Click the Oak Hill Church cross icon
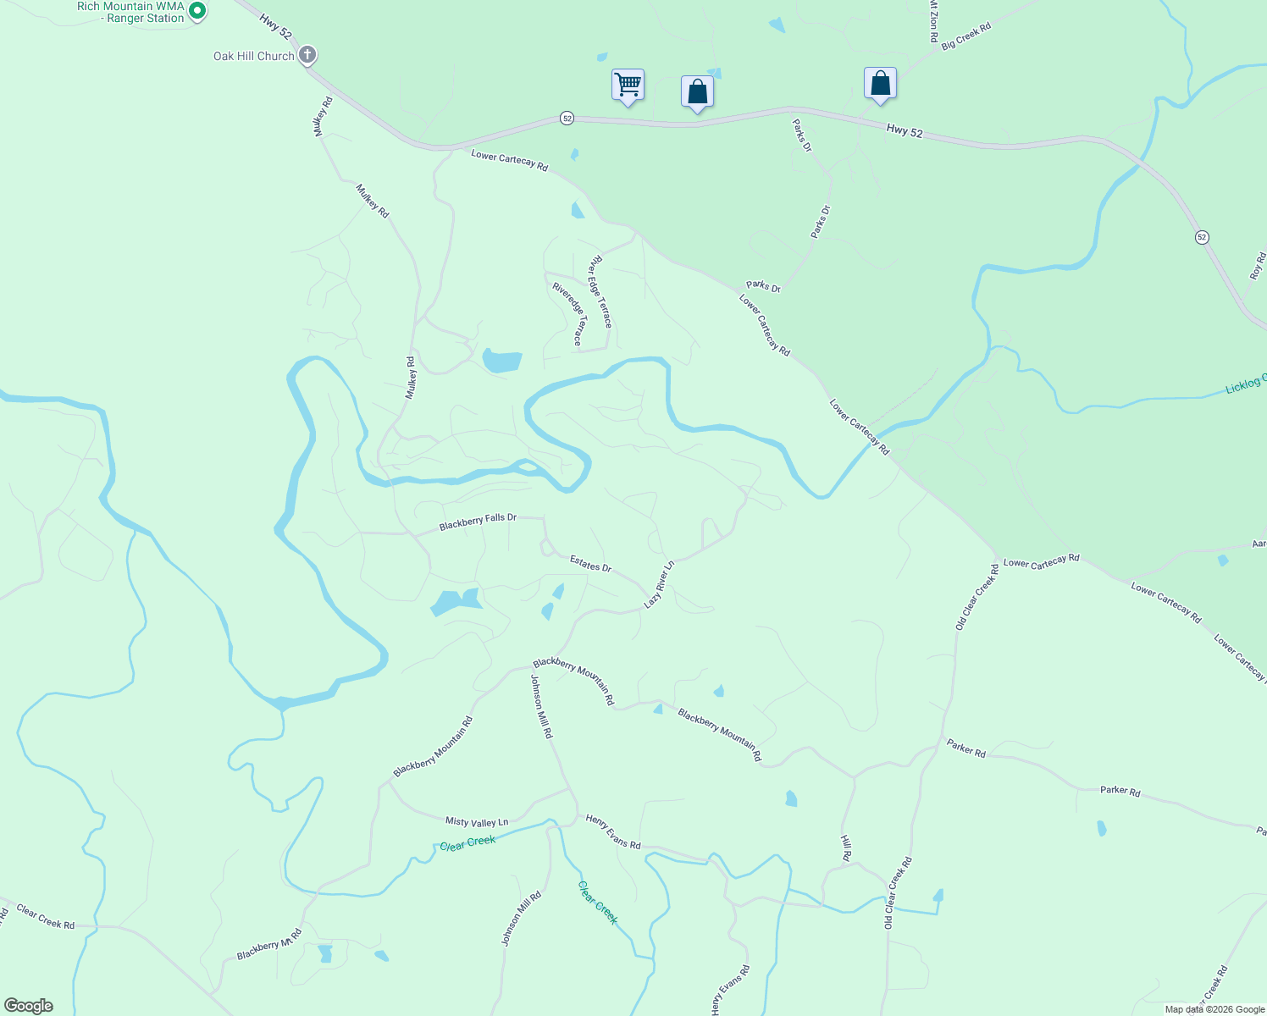point(307,56)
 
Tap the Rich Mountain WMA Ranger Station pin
point(196,11)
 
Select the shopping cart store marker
point(628,85)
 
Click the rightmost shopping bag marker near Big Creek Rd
point(880,84)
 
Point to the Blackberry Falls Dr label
point(478,522)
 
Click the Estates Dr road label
point(590,563)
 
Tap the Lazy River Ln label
point(659,583)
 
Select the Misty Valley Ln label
point(477,821)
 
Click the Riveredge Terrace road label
point(567,314)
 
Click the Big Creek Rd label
point(965,37)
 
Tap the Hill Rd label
point(845,847)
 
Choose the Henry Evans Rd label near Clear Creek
point(613,831)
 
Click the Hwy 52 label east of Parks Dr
point(905,130)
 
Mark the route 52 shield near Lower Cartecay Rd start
point(567,119)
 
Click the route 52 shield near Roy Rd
point(1202,237)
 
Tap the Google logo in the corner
point(29,1005)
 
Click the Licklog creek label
point(1245,384)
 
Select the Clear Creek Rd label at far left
point(46,919)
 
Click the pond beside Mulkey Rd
point(501,361)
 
